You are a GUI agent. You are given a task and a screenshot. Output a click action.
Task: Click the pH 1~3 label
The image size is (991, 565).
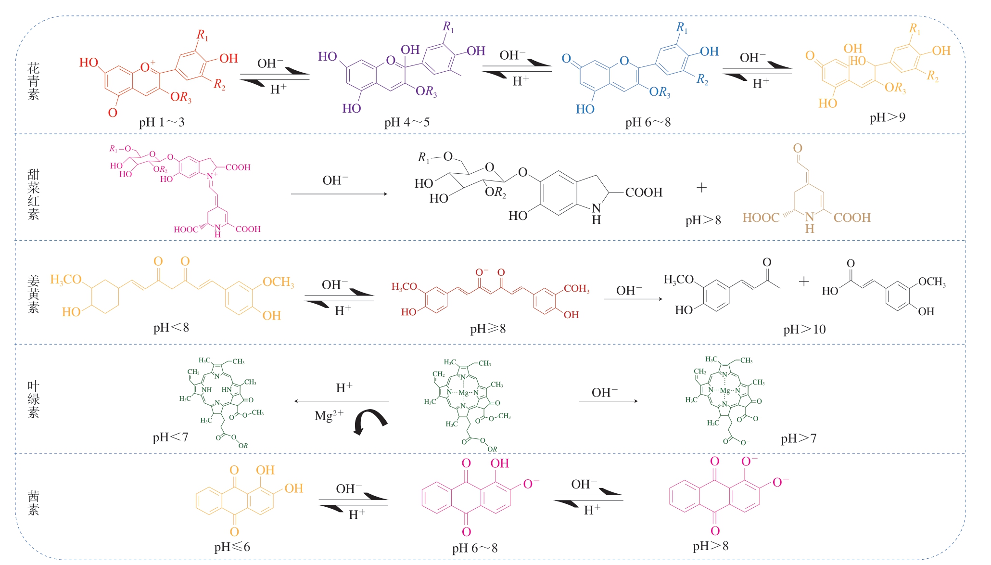tap(162, 122)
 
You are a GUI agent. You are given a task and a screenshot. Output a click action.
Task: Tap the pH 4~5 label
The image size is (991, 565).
tap(407, 122)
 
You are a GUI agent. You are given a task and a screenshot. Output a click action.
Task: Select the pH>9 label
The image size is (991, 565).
tap(887, 117)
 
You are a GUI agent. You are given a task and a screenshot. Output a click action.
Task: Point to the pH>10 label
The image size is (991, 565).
tap(804, 330)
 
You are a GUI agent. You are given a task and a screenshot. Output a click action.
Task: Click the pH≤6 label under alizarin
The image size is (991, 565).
tap(232, 547)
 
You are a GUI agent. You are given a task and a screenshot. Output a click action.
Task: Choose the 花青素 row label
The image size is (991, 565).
tap(33, 81)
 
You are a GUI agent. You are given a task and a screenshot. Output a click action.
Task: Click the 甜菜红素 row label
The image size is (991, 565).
tap(33, 194)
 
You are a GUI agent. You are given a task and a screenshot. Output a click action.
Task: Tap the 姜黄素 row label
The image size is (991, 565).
tap(33, 294)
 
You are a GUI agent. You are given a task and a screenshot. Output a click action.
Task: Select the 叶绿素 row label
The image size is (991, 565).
tap(33, 399)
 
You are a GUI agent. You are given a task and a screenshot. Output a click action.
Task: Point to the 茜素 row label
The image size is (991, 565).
tap(33, 503)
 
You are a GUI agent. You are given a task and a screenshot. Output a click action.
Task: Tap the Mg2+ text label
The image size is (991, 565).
tap(329, 415)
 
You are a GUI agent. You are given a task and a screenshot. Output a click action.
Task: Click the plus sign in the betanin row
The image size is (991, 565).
tap(701, 188)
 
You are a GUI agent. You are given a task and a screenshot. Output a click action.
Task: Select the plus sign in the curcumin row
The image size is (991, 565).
tap(804, 282)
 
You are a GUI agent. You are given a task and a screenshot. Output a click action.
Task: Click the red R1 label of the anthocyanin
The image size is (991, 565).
tap(202, 35)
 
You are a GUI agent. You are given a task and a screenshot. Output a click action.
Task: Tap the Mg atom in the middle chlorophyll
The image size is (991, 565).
tap(463, 393)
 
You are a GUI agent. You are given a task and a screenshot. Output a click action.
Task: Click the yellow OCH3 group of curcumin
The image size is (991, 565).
tap(278, 282)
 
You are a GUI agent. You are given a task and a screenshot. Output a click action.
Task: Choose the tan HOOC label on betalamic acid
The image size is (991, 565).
tap(761, 218)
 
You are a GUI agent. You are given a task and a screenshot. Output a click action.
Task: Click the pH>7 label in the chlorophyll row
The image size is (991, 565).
tap(798, 438)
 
